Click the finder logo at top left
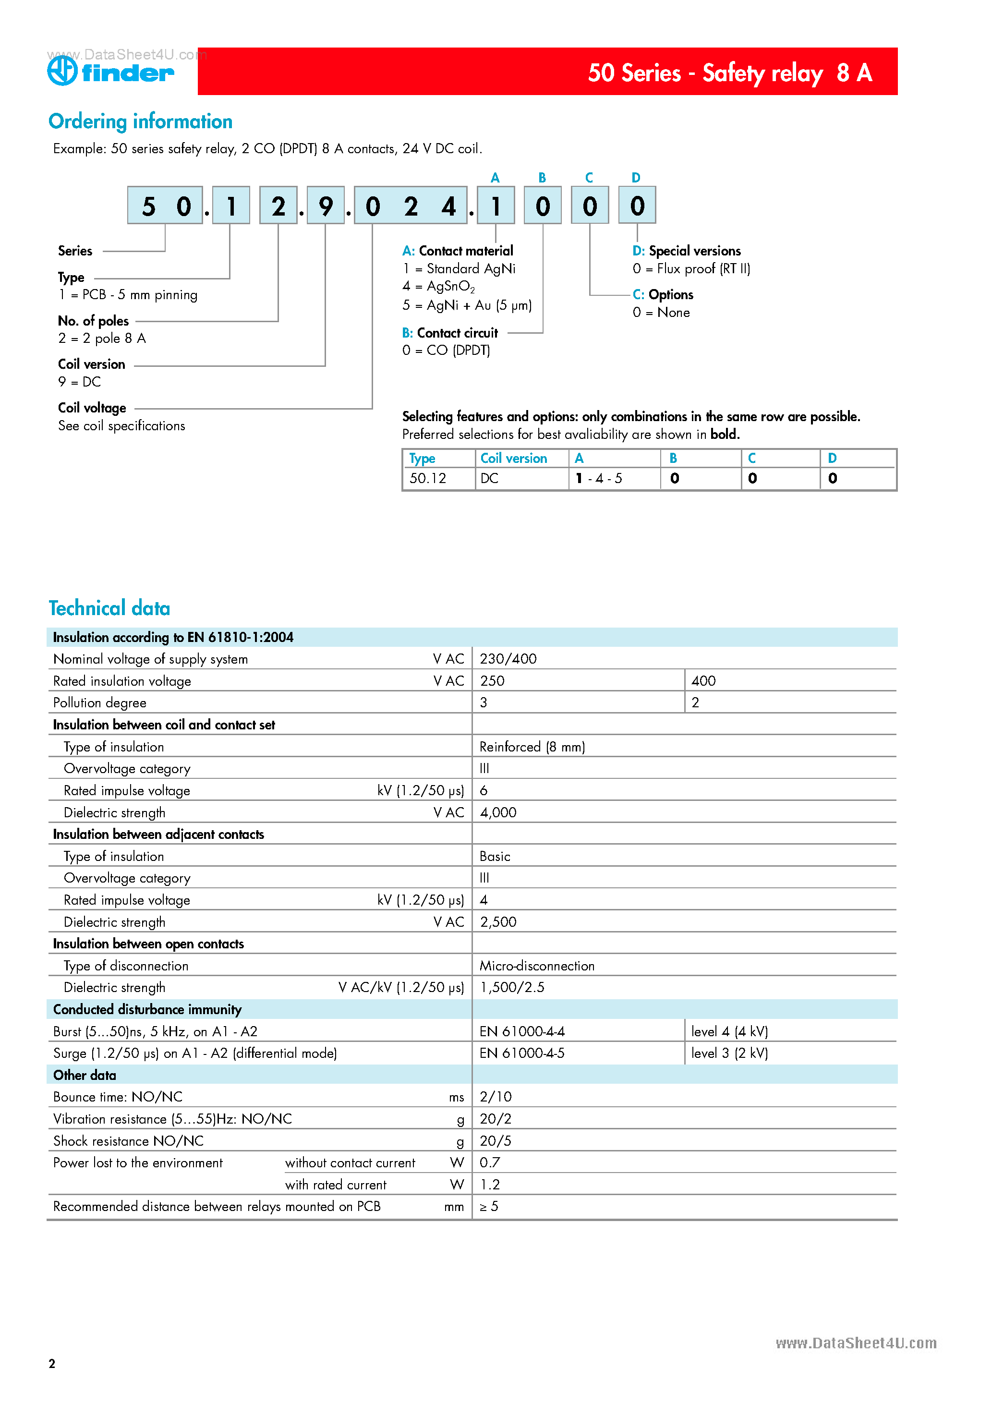click(111, 72)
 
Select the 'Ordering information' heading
click(140, 121)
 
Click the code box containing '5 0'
click(165, 206)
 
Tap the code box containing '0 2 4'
click(411, 206)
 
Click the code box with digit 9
click(326, 206)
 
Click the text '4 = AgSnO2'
click(438, 286)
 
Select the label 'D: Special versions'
click(686, 251)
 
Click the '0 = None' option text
click(661, 313)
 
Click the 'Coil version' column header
click(513, 459)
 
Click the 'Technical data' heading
click(109, 608)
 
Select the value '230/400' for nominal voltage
click(508, 659)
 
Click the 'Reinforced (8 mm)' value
click(532, 747)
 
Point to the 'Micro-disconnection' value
click(536, 966)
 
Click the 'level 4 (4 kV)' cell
click(729, 1031)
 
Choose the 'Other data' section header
click(85, 1075)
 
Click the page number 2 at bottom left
click(52, 1363)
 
